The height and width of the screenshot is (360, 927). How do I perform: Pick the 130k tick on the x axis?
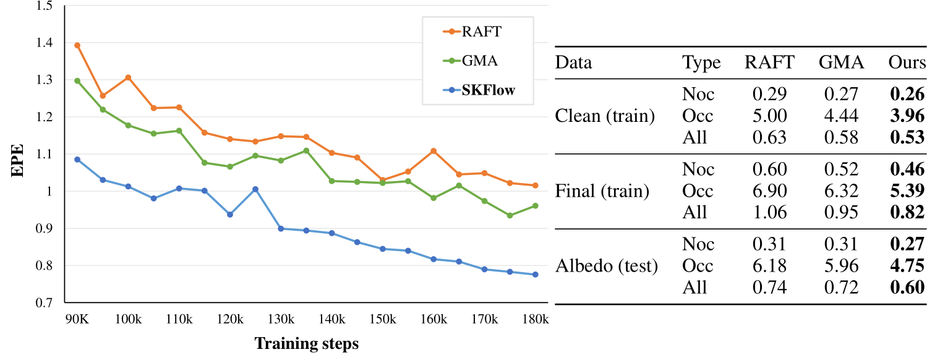point(281,320)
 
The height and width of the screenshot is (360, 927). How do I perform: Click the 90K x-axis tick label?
point(77,320)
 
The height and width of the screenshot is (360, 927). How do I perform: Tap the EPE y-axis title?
point(19,161)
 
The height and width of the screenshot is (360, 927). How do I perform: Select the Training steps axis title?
point(306,344)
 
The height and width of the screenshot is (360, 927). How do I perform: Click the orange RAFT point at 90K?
point(77,45)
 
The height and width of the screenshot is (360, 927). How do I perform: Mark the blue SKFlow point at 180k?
point(535,275)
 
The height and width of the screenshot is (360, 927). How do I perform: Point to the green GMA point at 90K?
point(77,80)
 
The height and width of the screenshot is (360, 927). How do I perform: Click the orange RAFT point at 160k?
point(434,151)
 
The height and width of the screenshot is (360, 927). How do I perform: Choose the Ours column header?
point(907,62)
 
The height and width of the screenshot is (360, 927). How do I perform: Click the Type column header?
point(701,62)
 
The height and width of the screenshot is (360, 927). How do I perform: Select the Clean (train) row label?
point(605,116)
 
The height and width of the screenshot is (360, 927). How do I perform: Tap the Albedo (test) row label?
point(606,266)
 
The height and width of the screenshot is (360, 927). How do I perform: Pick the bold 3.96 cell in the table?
point(907,116)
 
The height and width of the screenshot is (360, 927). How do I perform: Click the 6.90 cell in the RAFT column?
point(769,191)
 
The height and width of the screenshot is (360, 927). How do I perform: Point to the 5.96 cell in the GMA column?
point(841,266)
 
